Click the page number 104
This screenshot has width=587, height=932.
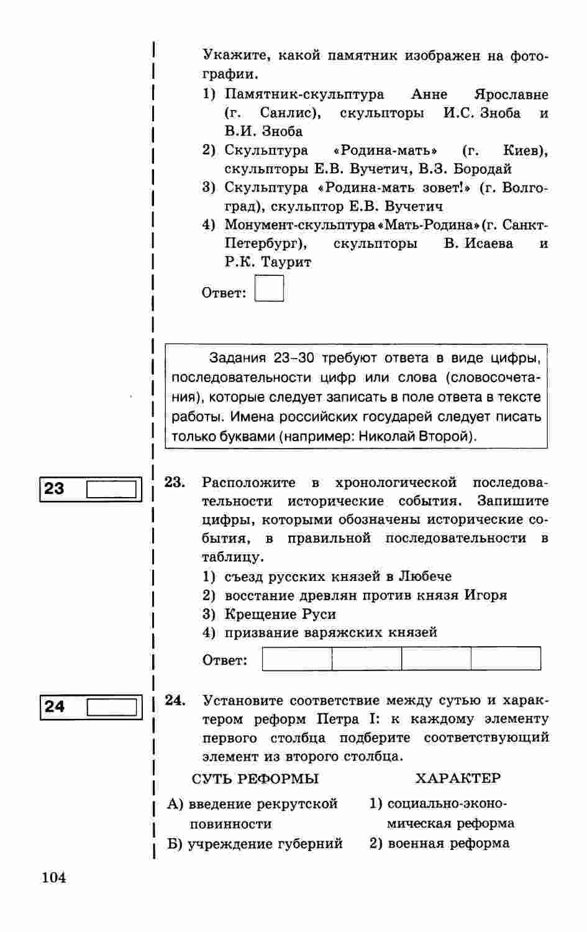click(54, 878)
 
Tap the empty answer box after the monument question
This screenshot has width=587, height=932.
click(269, 289)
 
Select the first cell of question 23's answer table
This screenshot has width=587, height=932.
click(297, 659)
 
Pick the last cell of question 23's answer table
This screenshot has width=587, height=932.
click(506, 659)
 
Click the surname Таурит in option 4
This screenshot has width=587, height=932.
click(286, 262)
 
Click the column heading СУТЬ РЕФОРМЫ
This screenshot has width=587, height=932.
click(255, 779)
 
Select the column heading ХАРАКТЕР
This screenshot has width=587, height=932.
click(458, 778)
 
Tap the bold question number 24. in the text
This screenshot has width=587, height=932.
click(175, 700)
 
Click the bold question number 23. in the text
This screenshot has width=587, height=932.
click(175, 482)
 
